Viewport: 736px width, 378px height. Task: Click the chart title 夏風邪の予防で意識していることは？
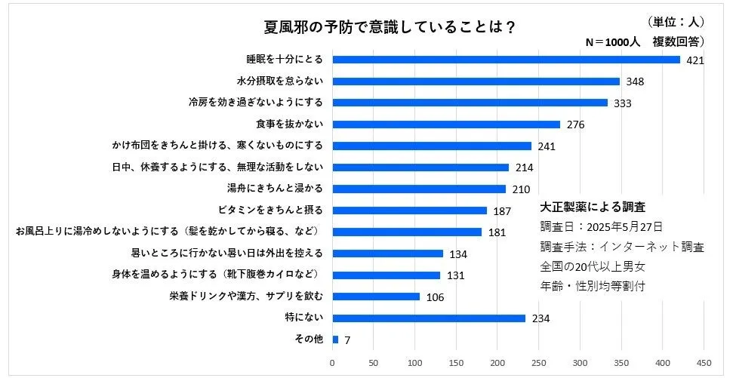click(x=390, y=28)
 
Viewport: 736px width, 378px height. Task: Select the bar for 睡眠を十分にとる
click(x=506, y=60)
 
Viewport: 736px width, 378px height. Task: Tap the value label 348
click(x=635, y=81)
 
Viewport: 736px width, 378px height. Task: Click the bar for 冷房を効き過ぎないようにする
click(x=470, y=103)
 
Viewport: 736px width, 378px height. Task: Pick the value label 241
click(x=547, y=146)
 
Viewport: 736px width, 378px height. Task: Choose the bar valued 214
click(x=420, y=167)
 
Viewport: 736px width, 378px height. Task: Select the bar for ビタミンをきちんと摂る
click(x=410, y=211)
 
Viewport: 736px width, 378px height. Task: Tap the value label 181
click(x=497, y=232)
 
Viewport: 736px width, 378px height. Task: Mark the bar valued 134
click(x=387, y=254)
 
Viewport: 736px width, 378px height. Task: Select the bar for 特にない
click(x=429, y=318)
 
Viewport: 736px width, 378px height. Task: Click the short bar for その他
click(x=335, y=340)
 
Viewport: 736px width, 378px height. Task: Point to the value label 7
click(x=347, y=340)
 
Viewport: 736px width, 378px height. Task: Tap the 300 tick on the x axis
click(x=580, y=363)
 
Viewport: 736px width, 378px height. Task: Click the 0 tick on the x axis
click(x=332, y=363)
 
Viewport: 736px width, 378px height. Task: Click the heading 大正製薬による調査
click(x=593, y=206)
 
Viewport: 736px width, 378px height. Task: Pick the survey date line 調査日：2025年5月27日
click(x=602, y=226)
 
